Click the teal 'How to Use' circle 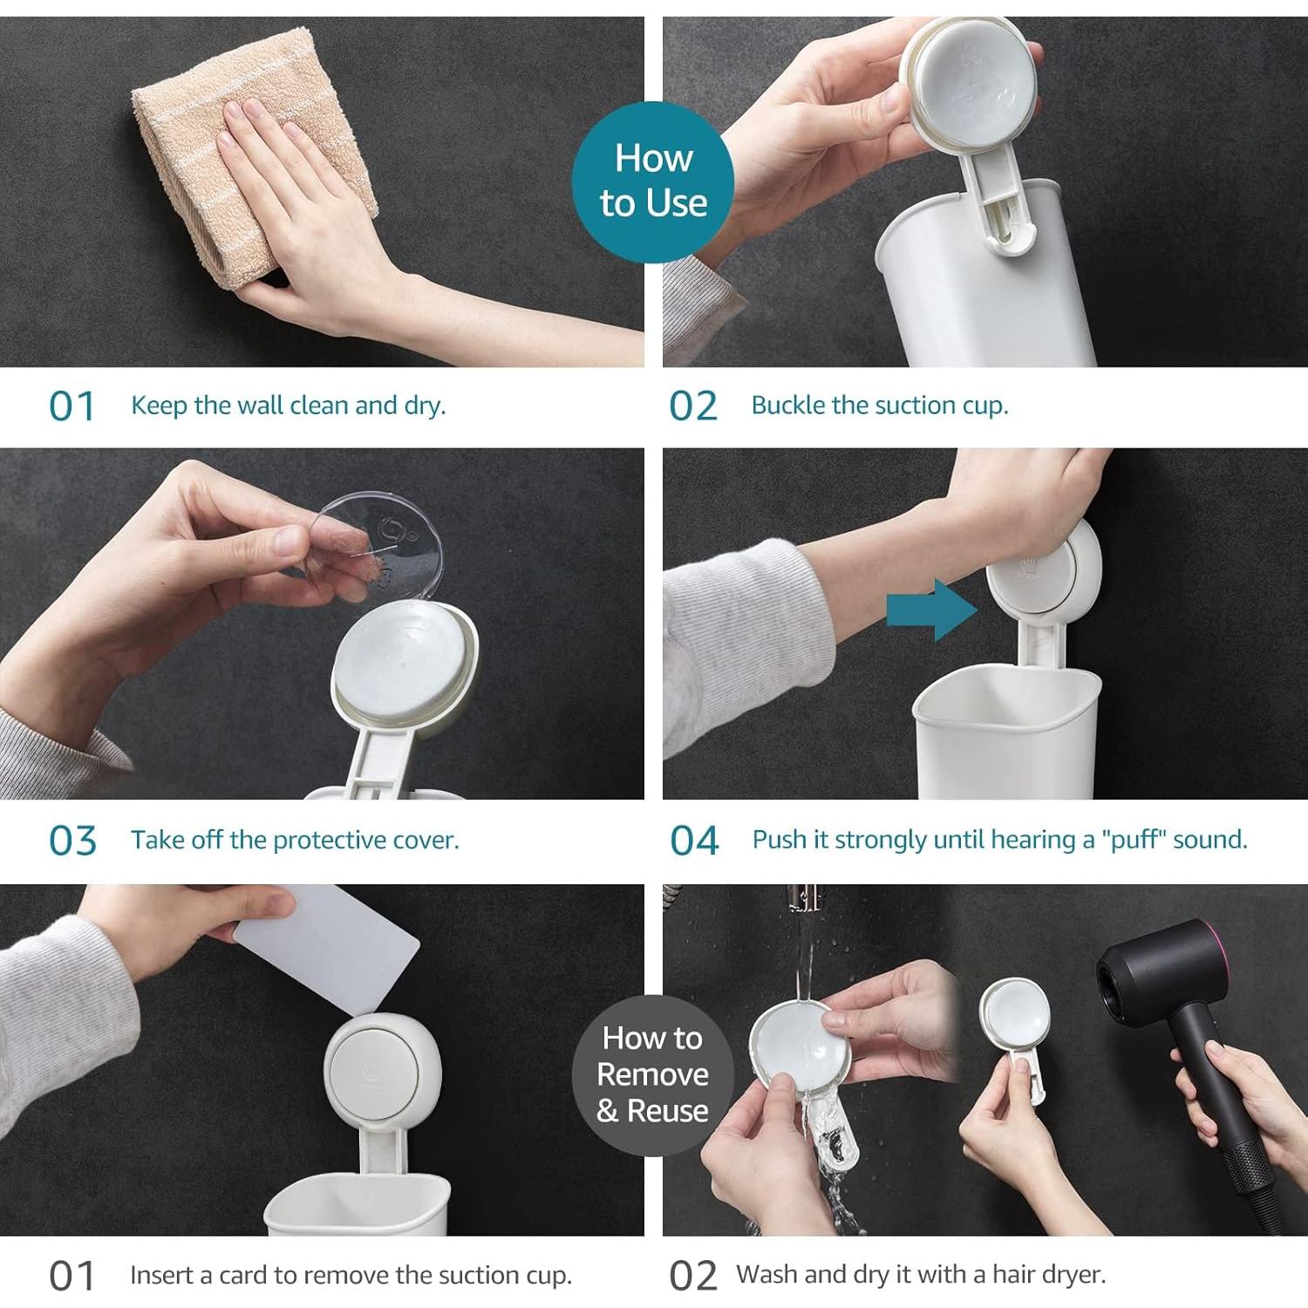[x=653, y=182]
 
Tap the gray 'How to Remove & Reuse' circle [x=652, y=1074]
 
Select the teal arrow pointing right [x=931, y=610]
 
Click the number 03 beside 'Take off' [x=72, y=841]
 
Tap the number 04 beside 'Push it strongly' [x=694, y=841]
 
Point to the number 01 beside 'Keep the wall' [x=72, y=406]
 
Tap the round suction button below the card [x=381, y=1072]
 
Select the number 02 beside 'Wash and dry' [x=693, y=1276]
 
